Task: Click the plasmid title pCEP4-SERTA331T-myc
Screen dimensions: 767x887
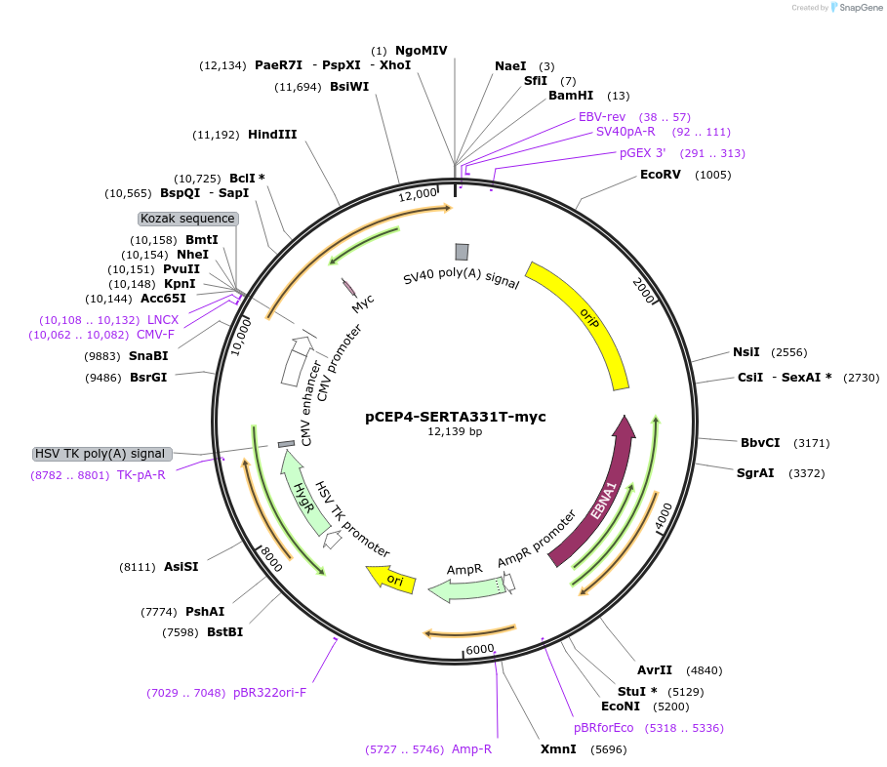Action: click(456, 416)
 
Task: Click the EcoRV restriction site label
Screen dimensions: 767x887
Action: click(660, 175)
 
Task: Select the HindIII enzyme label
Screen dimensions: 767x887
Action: click(272, 135)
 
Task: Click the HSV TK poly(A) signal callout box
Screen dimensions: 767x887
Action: click(102, 454)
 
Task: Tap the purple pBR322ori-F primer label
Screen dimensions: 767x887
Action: click(269, 693)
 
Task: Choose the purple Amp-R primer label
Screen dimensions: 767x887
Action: click(471, 749)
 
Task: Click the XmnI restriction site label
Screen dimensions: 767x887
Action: click(558, 749)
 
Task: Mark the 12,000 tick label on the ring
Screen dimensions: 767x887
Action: click(419, 194)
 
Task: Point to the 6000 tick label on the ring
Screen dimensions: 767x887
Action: click(479, 649)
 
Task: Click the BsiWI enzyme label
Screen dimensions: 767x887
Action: click(349, 87)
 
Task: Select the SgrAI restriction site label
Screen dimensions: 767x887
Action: click(755, 473)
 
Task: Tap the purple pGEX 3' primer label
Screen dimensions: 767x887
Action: click(642, 153)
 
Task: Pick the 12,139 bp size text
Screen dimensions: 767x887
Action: click(455, 431)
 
